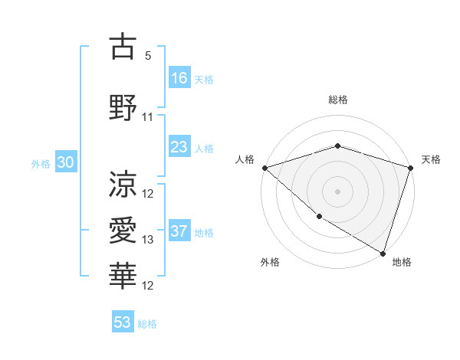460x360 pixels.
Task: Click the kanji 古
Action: (x=123, y=47)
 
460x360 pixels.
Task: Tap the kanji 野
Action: (x=123, y=106)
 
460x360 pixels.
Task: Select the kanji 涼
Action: (x=123, y=184)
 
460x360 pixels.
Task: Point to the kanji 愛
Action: (x=123, y=230)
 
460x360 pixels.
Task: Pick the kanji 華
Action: (x=123, y=276)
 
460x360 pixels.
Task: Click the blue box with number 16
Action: (x=179, y=78)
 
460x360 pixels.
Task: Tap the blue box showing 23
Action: (x=179, y=148)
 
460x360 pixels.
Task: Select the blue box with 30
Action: (x=65, y=163)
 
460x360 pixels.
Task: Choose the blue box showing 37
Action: (x=179, y=232)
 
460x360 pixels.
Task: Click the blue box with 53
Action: (x=123, y=322)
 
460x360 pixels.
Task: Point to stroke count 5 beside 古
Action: (x=148, y=56)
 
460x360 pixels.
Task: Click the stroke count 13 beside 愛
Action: (x=148, y=240)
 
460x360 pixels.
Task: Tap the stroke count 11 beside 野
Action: (x=148, y=117)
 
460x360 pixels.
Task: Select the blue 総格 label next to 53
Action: (x=147, y=324)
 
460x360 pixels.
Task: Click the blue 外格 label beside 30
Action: (x=41, y=164)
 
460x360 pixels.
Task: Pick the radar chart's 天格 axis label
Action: (x=431, y=159)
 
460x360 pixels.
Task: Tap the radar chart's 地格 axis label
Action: (x=402, y=262)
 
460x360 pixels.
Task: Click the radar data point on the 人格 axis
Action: (x=264, y=167)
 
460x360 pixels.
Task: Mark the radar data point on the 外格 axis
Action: (x=319, y=217)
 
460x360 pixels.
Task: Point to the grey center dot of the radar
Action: (x=337, y=191)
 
